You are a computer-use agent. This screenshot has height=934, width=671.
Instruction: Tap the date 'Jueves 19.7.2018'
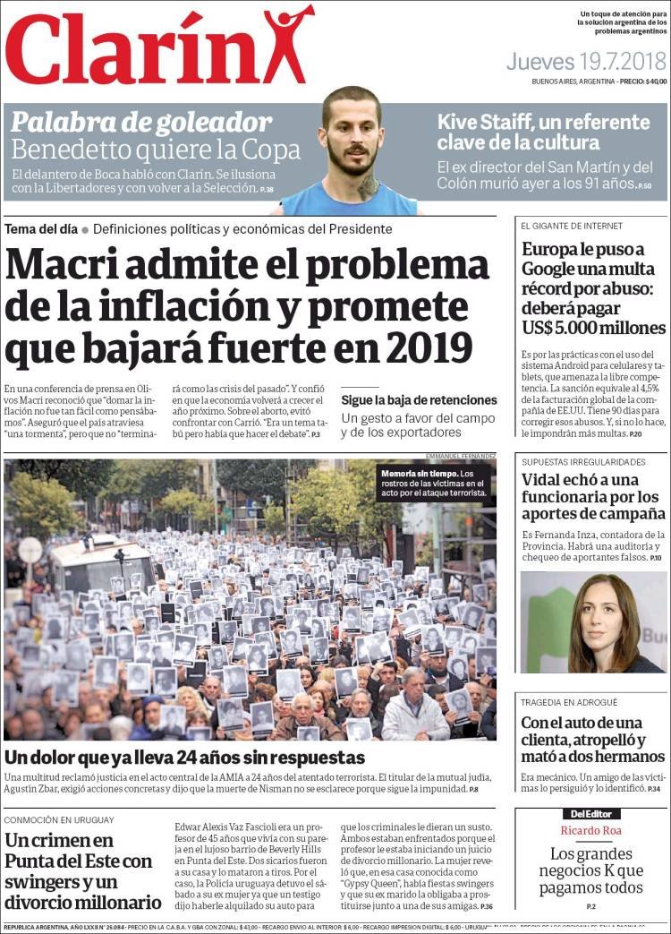coord(586,62)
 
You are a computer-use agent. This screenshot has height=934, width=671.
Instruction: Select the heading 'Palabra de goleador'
coord(140,122)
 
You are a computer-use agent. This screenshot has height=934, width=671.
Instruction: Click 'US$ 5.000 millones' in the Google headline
coord(593,328)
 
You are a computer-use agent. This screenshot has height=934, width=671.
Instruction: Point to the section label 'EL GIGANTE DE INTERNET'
coord(572,226)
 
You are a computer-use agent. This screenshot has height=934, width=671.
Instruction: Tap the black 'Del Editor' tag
coord(590,814)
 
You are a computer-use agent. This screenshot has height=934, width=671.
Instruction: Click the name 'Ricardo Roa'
coord(590,831)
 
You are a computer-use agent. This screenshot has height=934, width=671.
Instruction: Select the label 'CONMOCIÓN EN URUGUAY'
coord(59,819)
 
